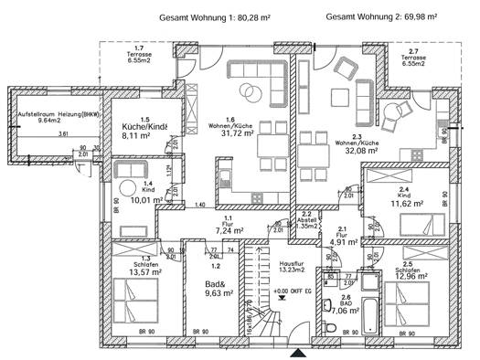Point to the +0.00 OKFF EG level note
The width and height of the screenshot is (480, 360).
click(292, 291)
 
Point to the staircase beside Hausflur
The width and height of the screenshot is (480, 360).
click(257, 292)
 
